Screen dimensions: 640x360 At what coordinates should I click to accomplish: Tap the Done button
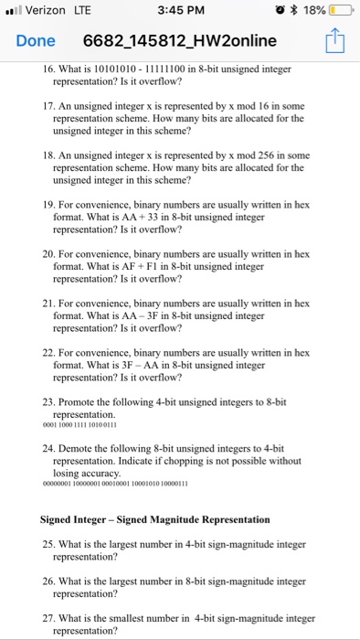(x=35, y=41)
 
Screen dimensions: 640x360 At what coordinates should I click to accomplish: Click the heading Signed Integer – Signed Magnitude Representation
(x=155, y=519)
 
